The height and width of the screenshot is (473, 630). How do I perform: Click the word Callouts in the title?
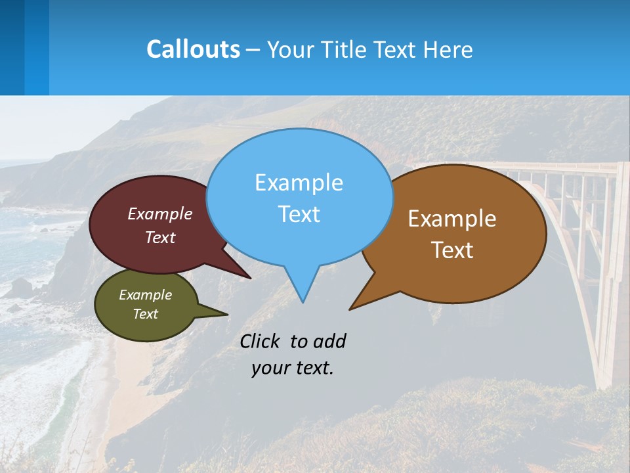click(x=193, y=50)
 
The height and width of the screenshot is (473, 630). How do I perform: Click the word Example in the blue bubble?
click(x=299, y=183)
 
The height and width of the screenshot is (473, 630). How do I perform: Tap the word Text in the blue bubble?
click(x=299, y=214)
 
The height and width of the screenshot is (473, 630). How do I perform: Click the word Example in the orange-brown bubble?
click(x=452, y=219)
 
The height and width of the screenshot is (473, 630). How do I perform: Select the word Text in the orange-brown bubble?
click(x=452, y=250)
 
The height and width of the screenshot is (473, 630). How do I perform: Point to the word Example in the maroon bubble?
click(x=160, y=214)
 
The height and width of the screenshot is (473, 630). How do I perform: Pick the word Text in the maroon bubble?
click(x=160, y=237)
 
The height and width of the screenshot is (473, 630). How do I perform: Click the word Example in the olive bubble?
click(x=145, y=295)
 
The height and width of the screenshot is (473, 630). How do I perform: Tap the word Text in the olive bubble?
click(x=145, y=314)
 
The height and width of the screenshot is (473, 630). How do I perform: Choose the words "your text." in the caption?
click(x=292, y=368)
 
